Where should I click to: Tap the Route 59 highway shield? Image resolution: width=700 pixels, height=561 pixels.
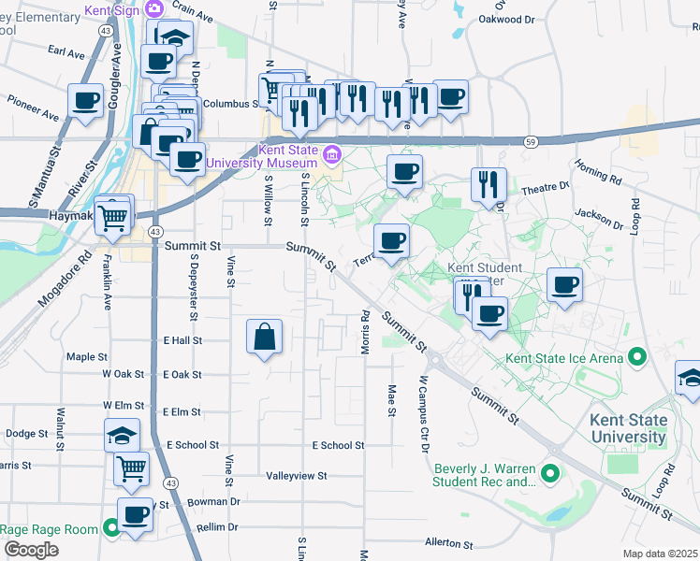click(x=530, y=140)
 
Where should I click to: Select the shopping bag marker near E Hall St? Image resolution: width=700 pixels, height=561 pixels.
click(x=265, y=337)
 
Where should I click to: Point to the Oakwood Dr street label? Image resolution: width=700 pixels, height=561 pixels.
click(x=506, y=19)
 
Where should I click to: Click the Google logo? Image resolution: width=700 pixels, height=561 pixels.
click(x=30, y=550)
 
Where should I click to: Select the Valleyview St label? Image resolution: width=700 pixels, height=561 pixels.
click(x=296, y=475)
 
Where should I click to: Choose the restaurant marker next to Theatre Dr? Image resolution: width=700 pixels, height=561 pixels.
click(x=489, y=184)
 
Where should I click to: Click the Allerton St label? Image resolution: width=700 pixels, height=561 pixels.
click(x=448, y=542)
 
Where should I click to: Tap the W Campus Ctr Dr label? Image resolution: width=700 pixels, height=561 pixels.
click(x=423, y=414)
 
